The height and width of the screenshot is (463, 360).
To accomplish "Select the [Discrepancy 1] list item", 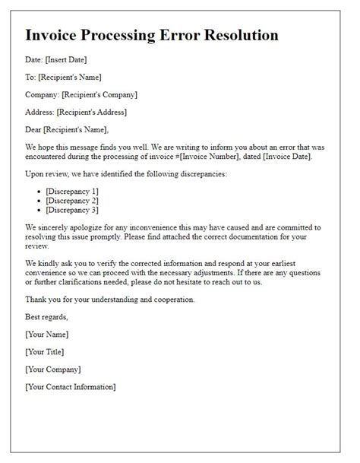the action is (72, 190).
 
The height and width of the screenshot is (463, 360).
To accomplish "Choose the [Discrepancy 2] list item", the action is (72, 200).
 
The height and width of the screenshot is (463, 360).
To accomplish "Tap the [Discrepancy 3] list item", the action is (72, 210).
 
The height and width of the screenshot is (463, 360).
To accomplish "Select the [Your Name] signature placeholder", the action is (47, 335).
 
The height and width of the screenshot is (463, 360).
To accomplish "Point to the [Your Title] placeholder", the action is (45, 352).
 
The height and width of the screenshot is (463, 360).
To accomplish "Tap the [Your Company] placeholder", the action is (53, 369).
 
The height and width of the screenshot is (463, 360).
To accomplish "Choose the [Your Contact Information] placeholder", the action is (71, 387).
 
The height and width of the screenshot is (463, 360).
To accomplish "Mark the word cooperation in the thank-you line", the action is (169, 300).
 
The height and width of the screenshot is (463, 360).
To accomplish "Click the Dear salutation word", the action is (35, 129).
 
